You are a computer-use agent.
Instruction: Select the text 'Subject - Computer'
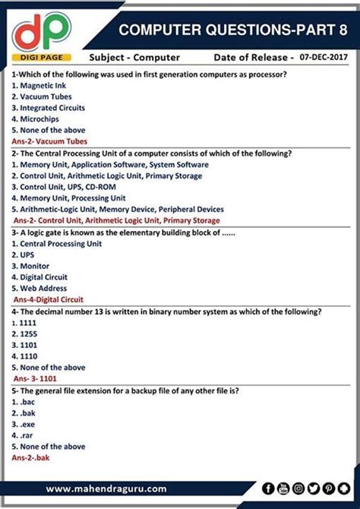click(x=134, y=57)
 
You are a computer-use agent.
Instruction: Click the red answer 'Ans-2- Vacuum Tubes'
click(x=49, y=141)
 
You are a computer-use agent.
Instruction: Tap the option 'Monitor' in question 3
click(x=31, y=267)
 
